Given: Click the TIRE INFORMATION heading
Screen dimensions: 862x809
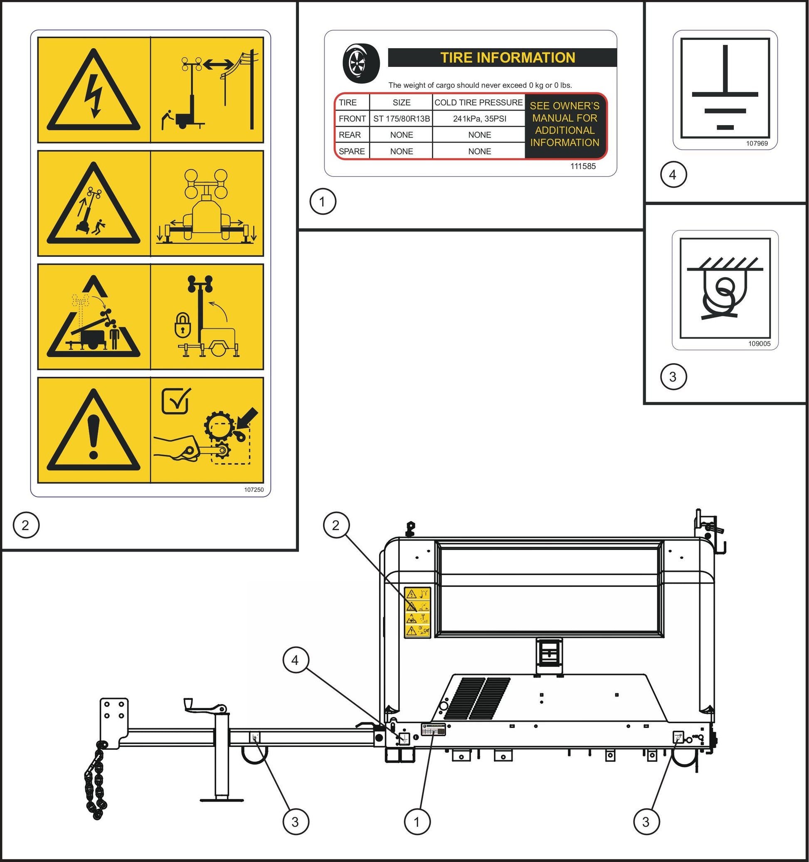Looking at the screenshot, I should [507, 58].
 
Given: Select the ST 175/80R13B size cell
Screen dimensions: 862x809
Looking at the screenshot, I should [401, 119].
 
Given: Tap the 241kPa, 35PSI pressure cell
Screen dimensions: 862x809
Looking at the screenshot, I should [479, 119].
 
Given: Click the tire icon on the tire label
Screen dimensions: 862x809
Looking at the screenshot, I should [361, 63].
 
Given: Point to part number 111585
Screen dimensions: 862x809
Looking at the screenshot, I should [582, 167].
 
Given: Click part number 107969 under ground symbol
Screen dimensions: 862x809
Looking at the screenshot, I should [757, 143].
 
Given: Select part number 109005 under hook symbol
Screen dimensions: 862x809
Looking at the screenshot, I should [759, 344].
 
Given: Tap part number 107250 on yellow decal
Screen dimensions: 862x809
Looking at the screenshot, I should [254, 490].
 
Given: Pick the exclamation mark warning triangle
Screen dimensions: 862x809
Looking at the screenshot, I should [94, 431].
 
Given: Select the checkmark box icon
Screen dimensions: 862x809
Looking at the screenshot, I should [176, 401].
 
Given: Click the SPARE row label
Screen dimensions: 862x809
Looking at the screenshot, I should [351, 151].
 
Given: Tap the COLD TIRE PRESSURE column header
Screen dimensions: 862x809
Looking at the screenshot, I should [478, 103].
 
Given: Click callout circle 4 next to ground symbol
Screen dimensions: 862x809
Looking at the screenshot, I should [673, 175].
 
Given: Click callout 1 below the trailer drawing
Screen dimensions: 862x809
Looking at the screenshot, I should [417, 822].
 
